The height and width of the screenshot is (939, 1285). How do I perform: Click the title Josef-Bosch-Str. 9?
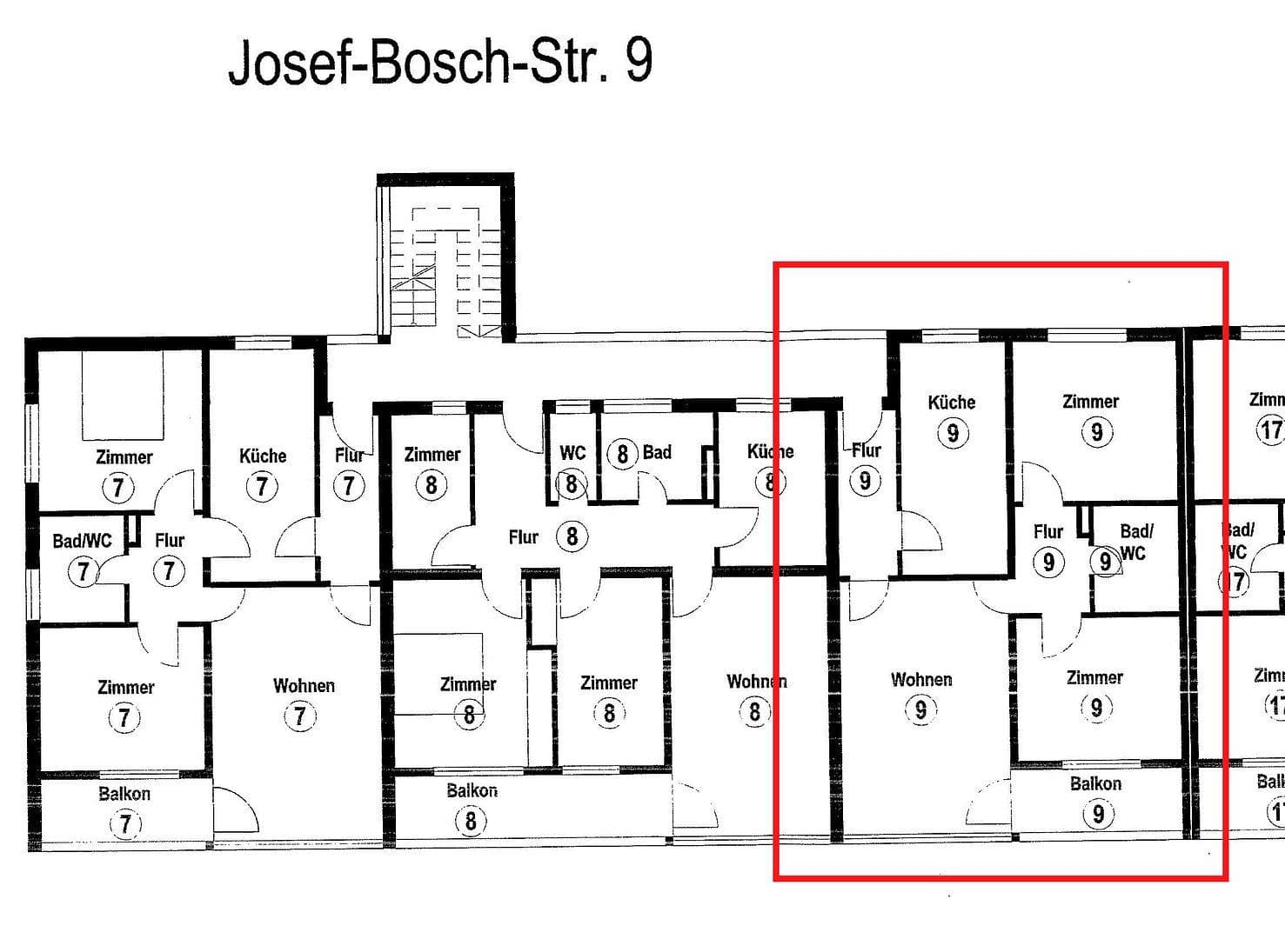tap(439, 63)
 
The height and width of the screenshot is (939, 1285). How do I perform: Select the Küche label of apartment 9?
tap(951, 403)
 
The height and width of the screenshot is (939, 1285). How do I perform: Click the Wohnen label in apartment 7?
tap(304, 686)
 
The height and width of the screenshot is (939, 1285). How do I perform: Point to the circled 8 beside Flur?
tap(572, 536)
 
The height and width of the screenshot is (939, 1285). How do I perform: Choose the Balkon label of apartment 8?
tap(472, 791)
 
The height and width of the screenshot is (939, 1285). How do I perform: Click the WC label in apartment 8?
tap(572, 453)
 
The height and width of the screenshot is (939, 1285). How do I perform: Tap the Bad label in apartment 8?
tap(657, 452)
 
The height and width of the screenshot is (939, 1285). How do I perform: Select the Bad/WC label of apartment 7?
tap(82, 541)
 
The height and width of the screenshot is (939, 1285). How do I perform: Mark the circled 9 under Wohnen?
tap(920, 711)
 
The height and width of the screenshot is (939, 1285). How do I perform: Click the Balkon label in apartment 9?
tap(1095, 784)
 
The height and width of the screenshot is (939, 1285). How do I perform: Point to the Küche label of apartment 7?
tap(263, 456)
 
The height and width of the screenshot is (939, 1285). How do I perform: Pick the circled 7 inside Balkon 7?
tap(124, 822)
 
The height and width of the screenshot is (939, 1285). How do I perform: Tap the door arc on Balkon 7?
tap(237, 810)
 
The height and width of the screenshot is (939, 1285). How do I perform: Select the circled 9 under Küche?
tap(953, 433)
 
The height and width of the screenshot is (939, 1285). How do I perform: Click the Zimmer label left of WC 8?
tap(432, 455)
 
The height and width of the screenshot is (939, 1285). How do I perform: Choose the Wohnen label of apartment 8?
tap(756, 682)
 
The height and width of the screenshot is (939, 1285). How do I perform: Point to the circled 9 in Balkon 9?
tap(1098, 814)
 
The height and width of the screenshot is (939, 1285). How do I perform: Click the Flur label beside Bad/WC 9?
tap(1048, 531)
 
